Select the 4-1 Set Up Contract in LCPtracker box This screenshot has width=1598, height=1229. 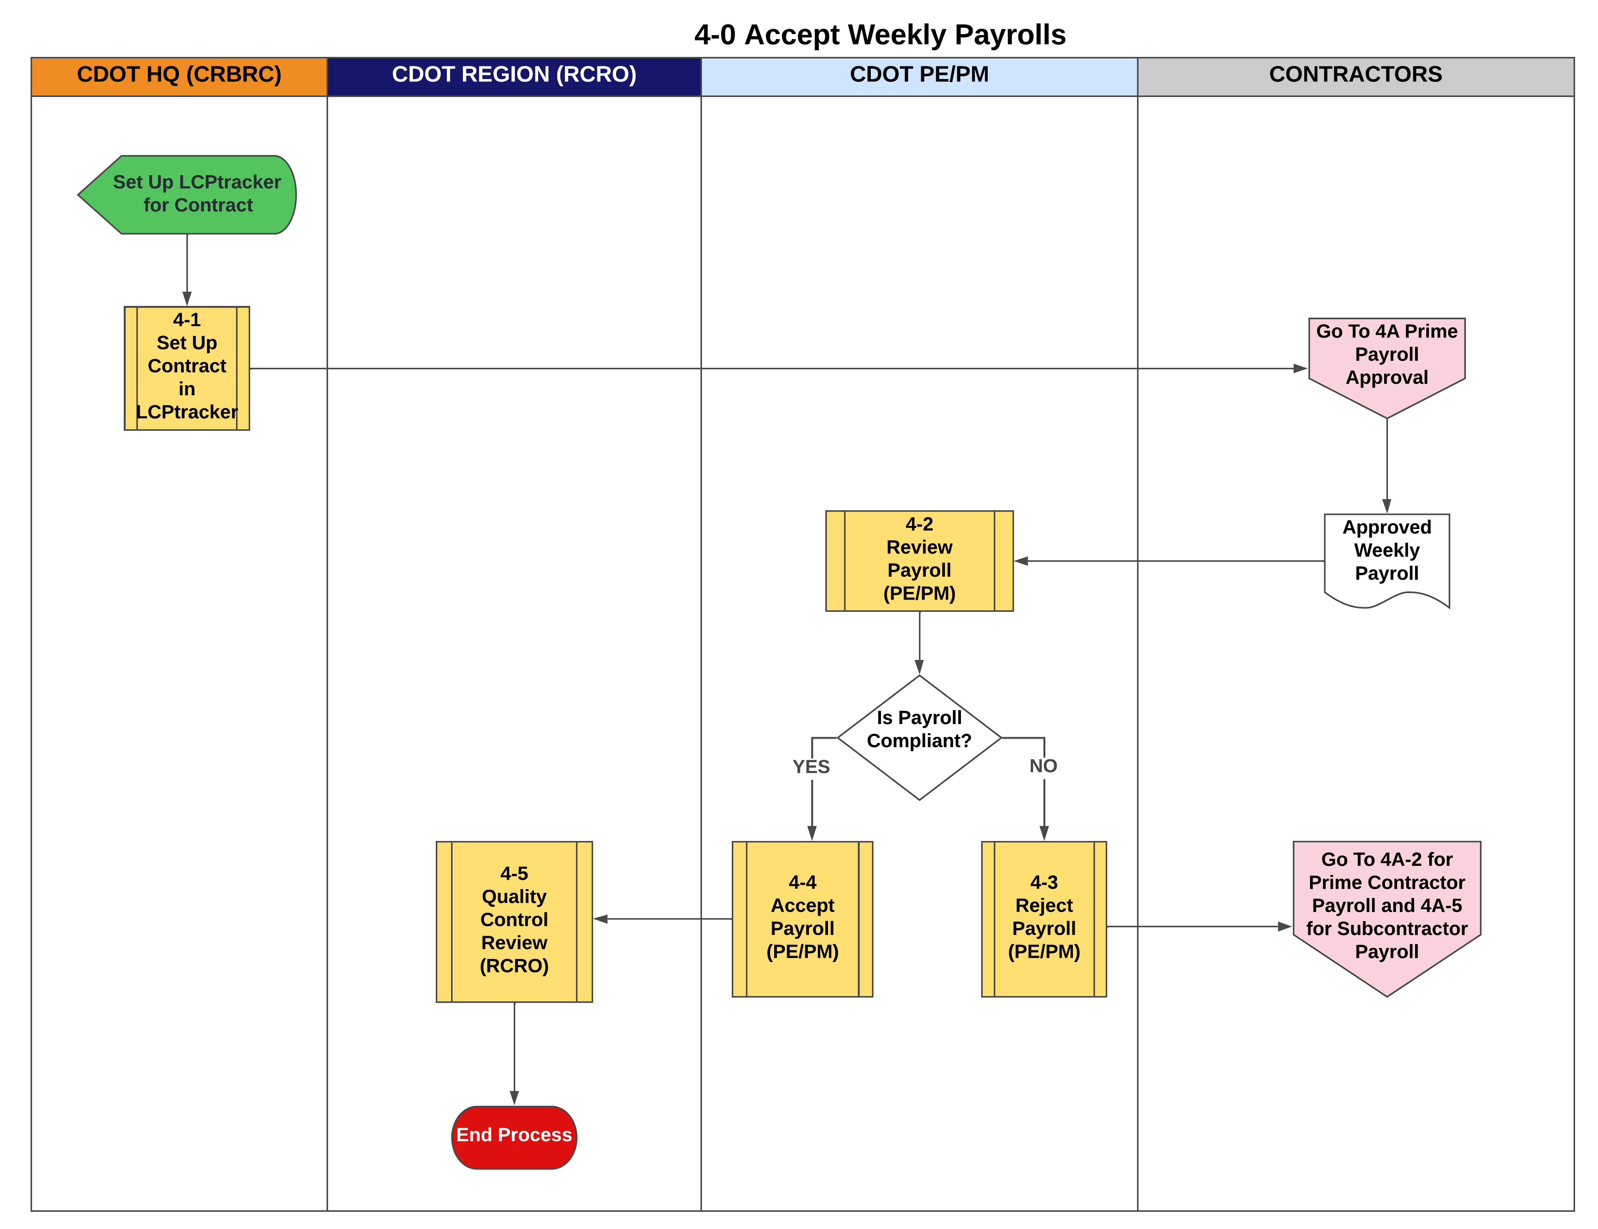click(187, 368)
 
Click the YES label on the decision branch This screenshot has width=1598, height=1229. click(811, 767)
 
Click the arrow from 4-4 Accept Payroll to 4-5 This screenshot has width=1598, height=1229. click(662, 919)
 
